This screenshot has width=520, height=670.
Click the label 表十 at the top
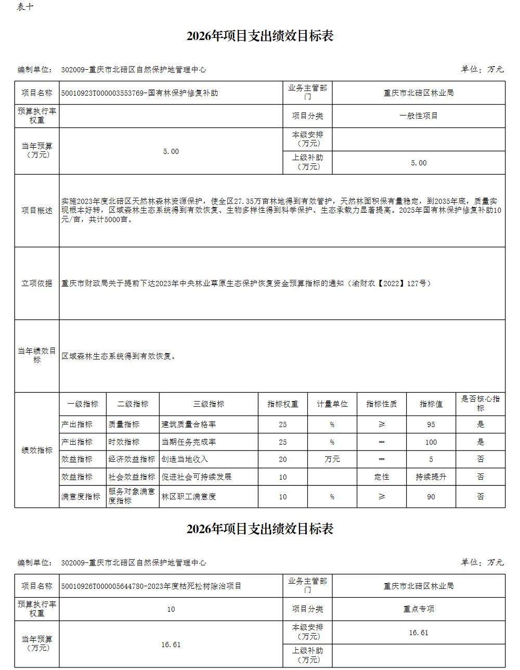25,7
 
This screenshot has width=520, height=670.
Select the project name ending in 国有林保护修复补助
139,93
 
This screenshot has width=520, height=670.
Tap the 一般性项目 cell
419,116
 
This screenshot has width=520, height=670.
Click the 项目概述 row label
37,211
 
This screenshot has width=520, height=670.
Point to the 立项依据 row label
37,284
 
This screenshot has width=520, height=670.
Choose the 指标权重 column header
282,404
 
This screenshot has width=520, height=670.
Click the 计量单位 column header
332,404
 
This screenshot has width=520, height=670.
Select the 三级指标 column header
209,404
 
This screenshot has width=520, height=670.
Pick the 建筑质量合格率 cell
189,424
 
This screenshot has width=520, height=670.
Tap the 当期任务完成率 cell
189,442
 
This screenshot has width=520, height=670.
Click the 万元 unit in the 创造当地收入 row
332,459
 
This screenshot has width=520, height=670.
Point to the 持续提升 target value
431,477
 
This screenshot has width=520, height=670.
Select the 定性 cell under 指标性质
382,477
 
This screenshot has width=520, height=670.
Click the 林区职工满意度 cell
189,497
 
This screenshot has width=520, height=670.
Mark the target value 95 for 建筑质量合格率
431,424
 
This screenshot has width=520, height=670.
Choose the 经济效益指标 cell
132,459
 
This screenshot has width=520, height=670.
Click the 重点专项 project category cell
419,609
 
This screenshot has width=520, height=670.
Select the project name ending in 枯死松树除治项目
151,586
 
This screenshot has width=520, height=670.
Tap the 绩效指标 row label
37,450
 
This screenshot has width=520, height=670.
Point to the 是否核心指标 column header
480,404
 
